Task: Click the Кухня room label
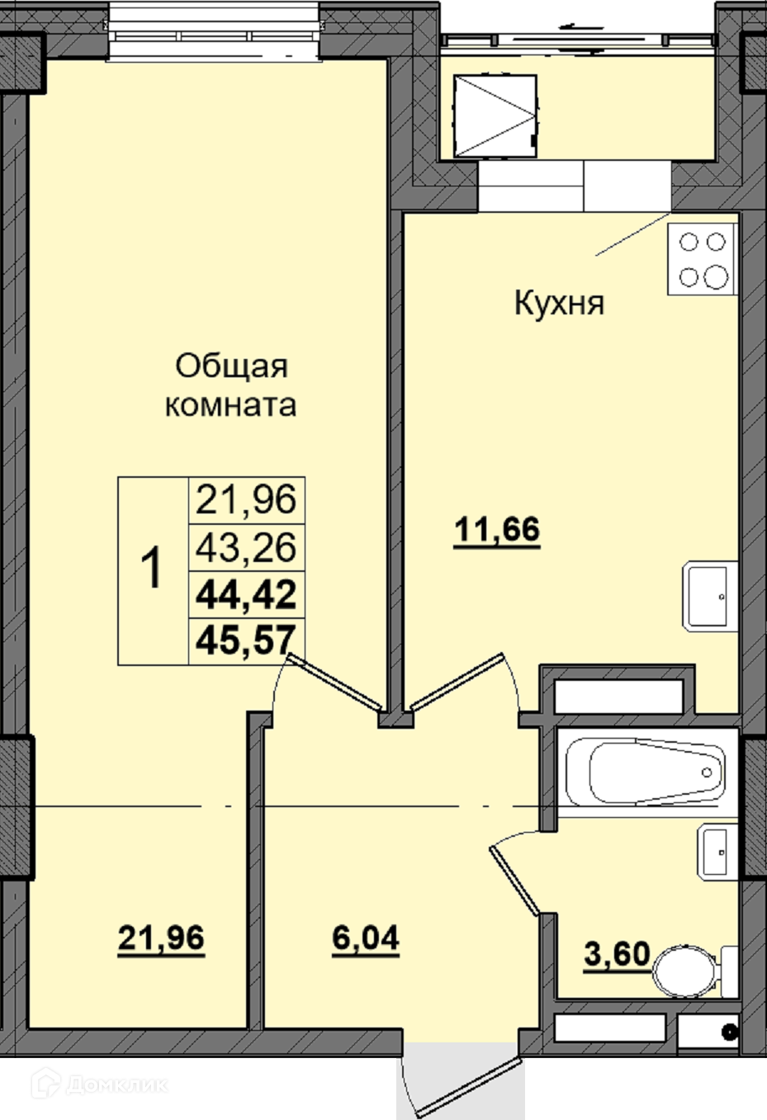(x=560, y=303)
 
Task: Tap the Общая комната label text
(x=231, y=385)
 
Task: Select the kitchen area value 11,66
(x=497, y=530)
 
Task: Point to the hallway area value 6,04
(x=366, y=938)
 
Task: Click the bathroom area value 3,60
(x=617, y=954)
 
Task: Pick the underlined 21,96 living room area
(x=161, y=938)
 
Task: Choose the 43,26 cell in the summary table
(x=246, y=547)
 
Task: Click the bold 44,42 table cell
(x=246, y=595)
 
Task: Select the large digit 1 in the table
(x=151, y=568)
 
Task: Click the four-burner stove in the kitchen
(x=703, y=258)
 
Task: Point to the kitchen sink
(x=710, y=596)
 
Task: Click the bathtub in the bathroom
(x=646, y=773)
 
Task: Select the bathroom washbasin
(x=717, y=852)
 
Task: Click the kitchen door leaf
(x=456, y=682)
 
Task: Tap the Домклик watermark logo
(x=100, y=1085)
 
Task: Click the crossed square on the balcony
(x=495, y=116)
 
